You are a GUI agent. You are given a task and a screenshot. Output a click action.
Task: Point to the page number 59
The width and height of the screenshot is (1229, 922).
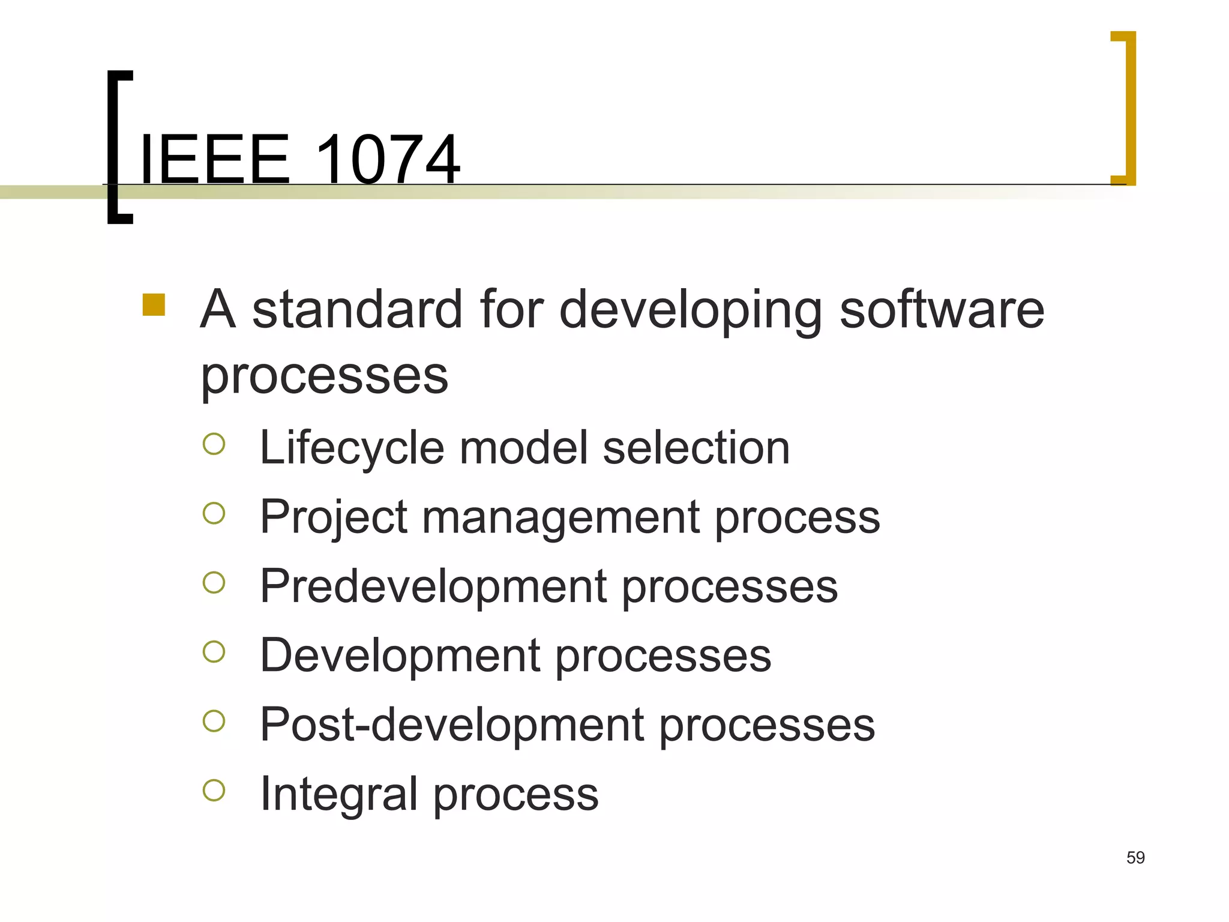[1135, 858]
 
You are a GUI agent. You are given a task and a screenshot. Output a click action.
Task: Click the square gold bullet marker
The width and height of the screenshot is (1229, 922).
[154, 304]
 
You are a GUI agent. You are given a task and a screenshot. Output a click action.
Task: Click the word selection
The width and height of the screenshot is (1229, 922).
[696, 448]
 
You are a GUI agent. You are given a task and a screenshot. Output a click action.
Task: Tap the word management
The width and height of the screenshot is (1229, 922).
[560, 517]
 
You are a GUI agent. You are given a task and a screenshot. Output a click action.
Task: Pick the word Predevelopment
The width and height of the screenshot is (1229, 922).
[433, 586]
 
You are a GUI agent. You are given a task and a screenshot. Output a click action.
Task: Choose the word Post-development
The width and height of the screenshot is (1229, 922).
[452, 725]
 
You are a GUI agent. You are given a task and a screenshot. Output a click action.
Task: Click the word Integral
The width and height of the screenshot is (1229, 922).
[338, 794]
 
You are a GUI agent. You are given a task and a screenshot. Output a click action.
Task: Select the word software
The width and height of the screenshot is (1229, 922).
[942, 310]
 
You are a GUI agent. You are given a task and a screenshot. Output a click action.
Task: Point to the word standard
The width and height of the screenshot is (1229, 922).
[357, 310]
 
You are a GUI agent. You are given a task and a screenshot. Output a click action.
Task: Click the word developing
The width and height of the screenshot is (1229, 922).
[691, 311]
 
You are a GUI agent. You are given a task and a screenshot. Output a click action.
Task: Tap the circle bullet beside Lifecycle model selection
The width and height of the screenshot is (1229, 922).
[214, 444]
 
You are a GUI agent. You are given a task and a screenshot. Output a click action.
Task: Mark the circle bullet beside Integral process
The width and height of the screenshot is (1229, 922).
[214, 790]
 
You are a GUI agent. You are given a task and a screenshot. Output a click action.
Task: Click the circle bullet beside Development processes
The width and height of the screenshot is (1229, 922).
[214, 651]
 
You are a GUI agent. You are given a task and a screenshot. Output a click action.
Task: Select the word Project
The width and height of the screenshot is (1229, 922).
[334, 517]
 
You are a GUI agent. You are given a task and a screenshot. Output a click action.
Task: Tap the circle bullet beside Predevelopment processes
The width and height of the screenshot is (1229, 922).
[214, 582]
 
